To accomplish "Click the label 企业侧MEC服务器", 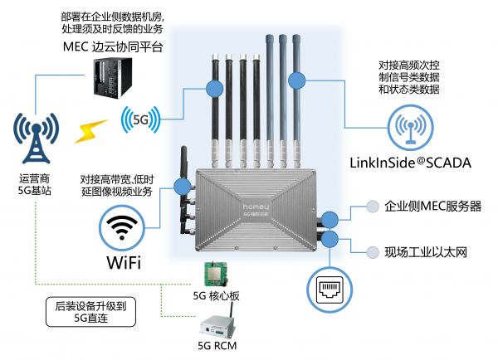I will [x=433, y=206].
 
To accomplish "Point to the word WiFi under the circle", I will [x=122, y=263].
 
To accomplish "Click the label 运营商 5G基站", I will [x=35, y=184].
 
